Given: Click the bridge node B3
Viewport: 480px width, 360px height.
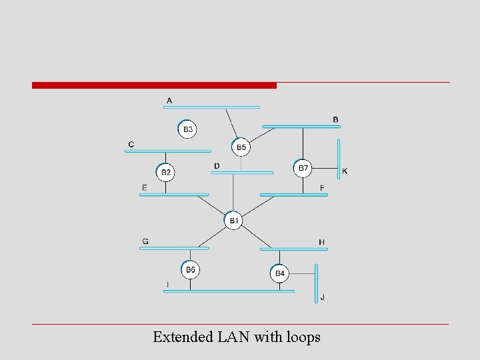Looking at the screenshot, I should coord(188,129).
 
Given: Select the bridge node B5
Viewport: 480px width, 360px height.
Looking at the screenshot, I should coord(241,147).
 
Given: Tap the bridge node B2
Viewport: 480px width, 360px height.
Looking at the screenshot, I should coord(166,173).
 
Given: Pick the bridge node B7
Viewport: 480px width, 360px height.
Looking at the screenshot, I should coord(303,168).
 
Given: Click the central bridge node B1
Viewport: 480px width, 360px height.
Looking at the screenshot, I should coord(233,220).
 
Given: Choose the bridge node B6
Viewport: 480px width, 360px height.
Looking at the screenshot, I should coord(191,269).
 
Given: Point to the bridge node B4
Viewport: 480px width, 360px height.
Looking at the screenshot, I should coord(280,273).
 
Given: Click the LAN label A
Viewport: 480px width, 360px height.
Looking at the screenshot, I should coord(169,101).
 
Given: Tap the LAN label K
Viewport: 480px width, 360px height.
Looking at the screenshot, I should coord(345,171).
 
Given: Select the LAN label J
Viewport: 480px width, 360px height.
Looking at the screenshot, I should coord(323,297).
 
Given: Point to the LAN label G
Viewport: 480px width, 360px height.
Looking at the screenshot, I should coord(145,241).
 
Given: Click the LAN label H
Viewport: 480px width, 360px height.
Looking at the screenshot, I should coord(321,242).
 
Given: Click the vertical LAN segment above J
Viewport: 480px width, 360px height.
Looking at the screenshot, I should coord(317,283).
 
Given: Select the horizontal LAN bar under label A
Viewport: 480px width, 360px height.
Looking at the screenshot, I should coord(213,107).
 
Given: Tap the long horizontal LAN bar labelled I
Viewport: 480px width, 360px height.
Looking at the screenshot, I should coord(229,291).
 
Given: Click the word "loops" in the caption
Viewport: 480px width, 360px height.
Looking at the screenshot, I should coord(301,337).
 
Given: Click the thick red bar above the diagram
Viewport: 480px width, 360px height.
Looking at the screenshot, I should coord(154,85).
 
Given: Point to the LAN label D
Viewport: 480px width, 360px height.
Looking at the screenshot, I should coord(217,166).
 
